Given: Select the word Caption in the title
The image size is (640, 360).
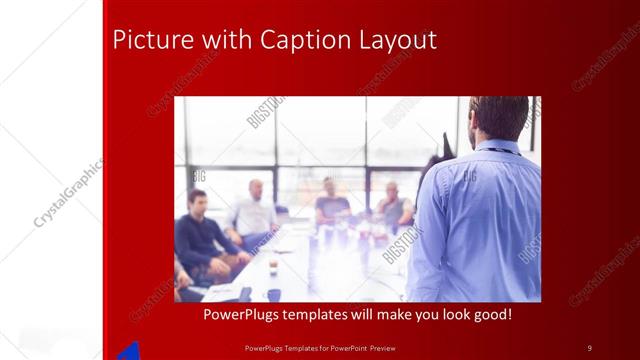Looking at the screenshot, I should (300, 41).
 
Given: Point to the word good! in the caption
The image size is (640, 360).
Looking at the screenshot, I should (491, 314).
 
